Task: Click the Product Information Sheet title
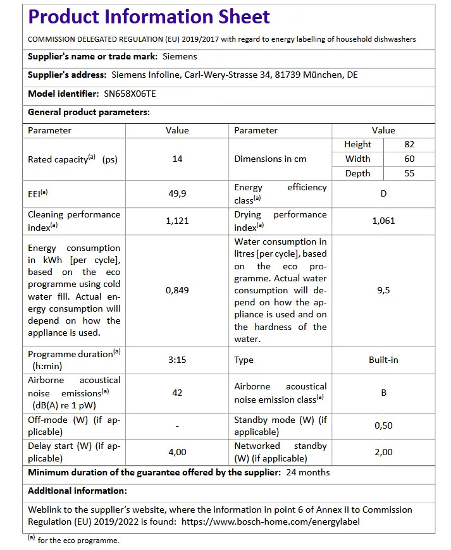[x=149, y=17]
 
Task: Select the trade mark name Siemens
[x=180, y=56]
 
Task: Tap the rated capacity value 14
[x=177, y=159]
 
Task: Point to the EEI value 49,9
[x=177, y=193]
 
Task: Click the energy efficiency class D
[x=383, y=193]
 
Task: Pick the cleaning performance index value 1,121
[x=177, y=221]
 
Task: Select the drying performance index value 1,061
[x=383, y=221]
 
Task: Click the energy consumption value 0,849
[x=177, y=290]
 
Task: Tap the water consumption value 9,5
[x=383, y=290]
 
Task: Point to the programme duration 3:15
[x=177, y=360]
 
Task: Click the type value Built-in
[x=383, y=360]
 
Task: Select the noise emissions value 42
[x=177, y=393]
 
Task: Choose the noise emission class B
[x=383, y=393]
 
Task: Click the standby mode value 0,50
[x=383, y=425]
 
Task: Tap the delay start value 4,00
[x=177, y=452]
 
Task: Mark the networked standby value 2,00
[x=383, y=452]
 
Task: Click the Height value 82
[x=409, y=144]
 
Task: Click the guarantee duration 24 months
[x=307, y=472]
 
